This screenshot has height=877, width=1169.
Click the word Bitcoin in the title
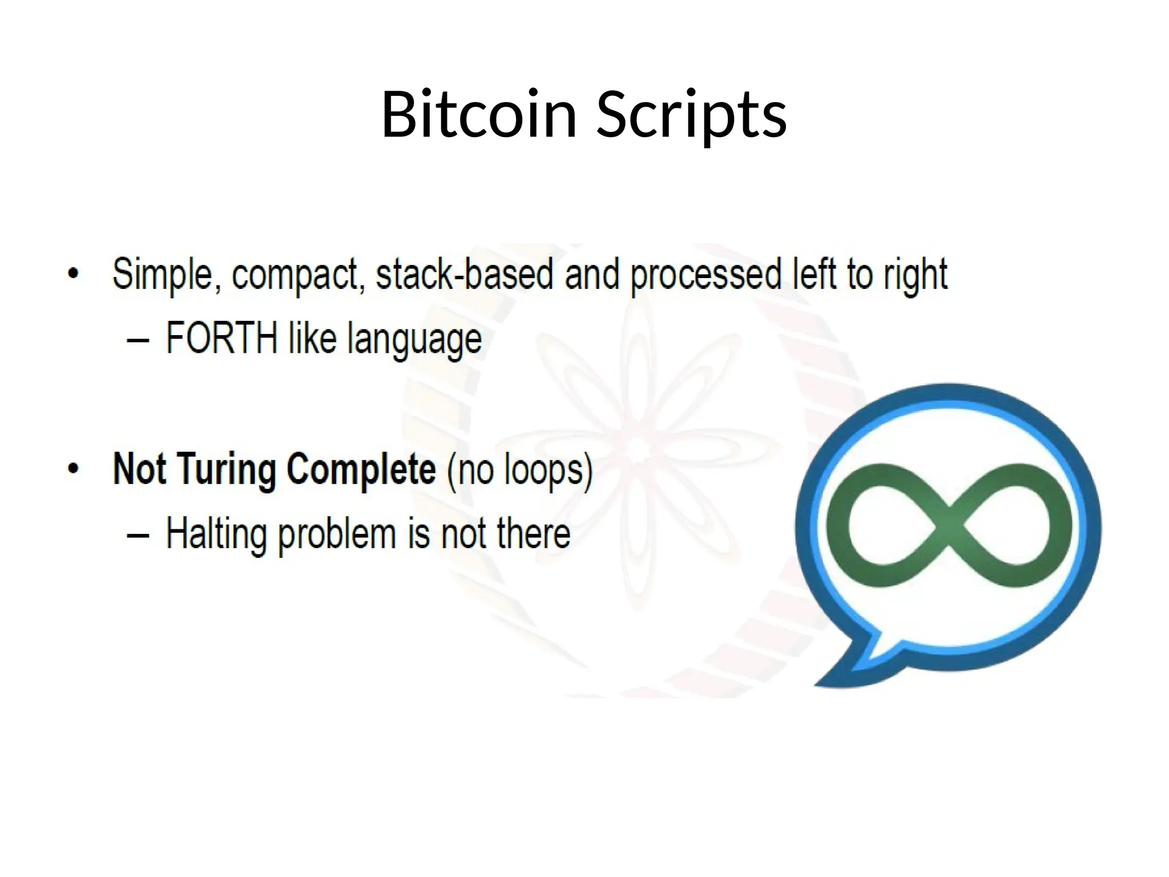[478, 114]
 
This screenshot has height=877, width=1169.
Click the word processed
[706, 275]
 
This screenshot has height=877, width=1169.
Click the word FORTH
[221, 338]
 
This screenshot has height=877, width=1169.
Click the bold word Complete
[361, 469]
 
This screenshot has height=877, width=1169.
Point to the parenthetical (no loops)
[520, 470]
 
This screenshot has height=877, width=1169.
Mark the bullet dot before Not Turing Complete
[72, 469]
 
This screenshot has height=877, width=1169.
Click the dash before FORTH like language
[138, 341]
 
